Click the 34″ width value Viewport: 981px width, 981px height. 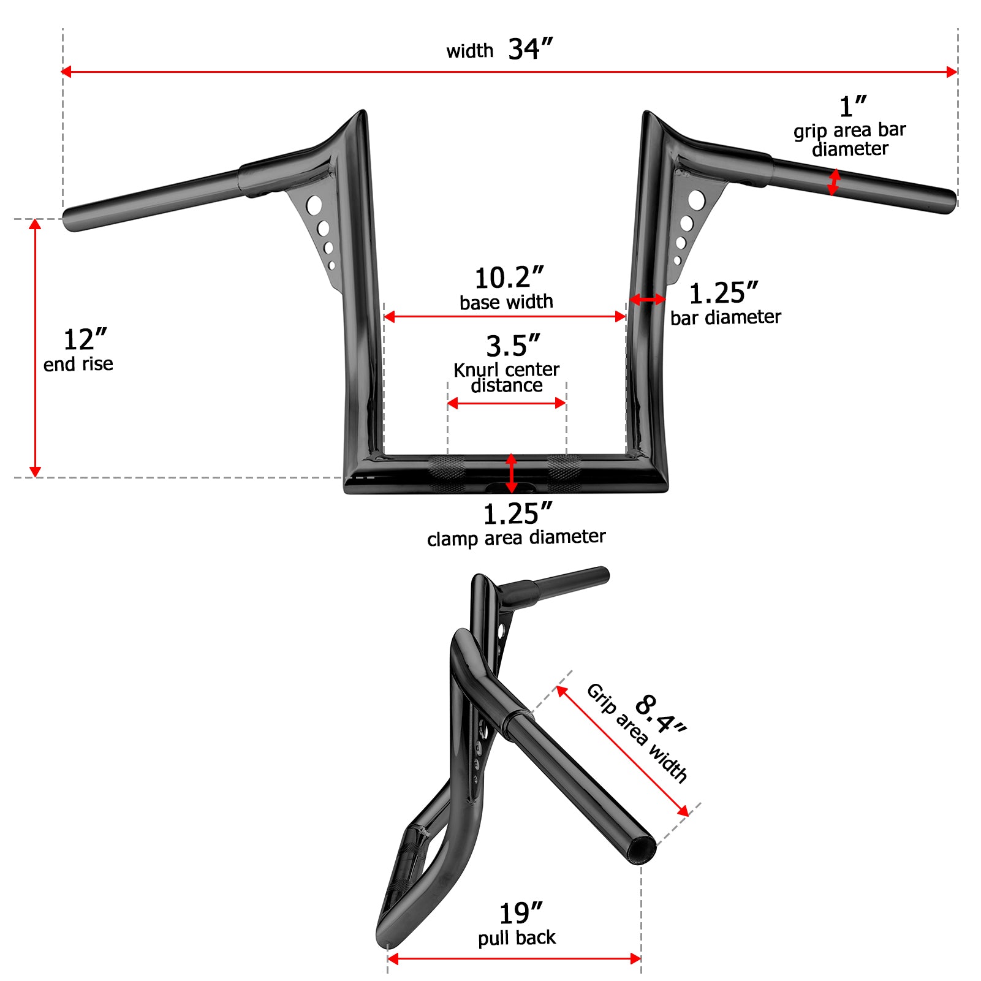[531, 49]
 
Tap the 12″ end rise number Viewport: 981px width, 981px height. [85, 339]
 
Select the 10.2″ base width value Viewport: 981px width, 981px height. [509, 278]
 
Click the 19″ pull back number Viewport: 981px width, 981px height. [521, 914]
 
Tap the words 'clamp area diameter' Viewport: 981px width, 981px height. [517, 538]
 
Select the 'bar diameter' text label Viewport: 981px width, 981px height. [725, 317]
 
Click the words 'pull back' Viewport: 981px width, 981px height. [517, 937]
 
